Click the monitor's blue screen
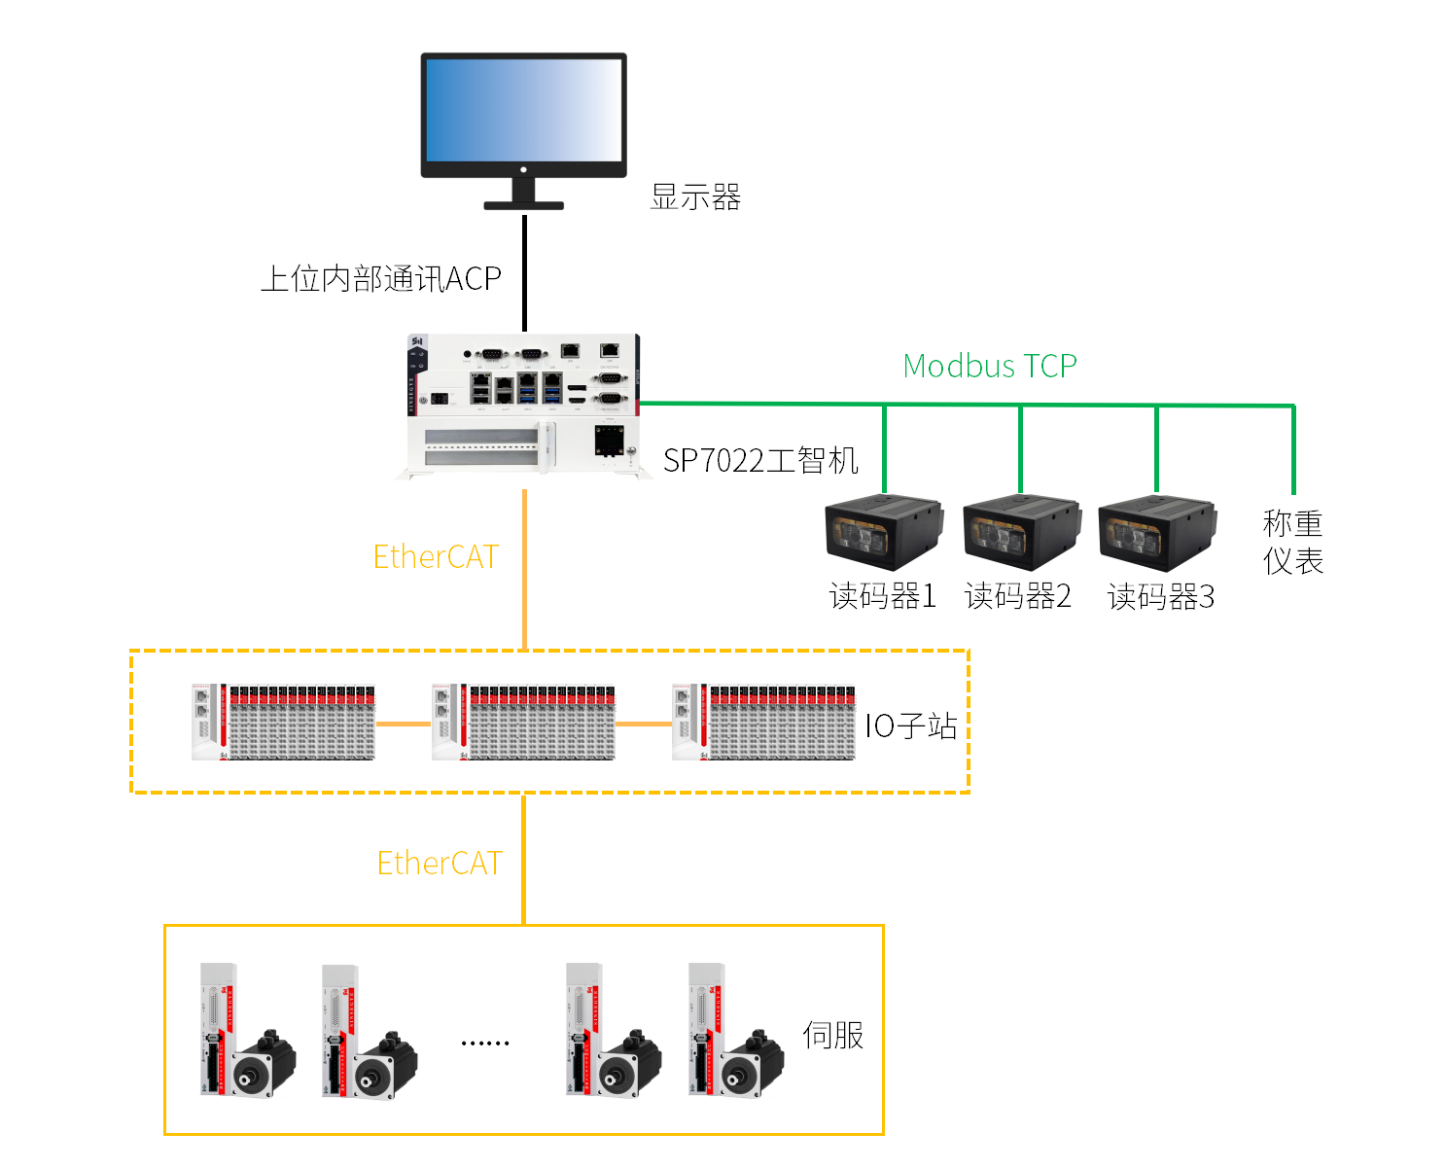coord(523,110)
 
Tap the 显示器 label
coord(695,197)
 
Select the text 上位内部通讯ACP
coord(381,279)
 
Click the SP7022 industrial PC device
coord(524,407)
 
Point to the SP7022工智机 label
coord(760,460)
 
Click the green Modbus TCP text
coord(990,366)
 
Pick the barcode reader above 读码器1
coord(883,532)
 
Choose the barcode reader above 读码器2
coord(1020,532)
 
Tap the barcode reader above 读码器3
coord(1156,532)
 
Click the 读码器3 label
coord(1161,596)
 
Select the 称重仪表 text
coord(1292,543)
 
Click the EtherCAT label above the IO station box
coord(436,557)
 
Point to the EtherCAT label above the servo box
coord(440,864)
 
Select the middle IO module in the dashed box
coord(524,723)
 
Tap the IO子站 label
coord(911,726)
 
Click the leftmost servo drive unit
coord(219,1029)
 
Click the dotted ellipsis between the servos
coord(485,1043)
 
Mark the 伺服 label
coord(832,1035)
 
